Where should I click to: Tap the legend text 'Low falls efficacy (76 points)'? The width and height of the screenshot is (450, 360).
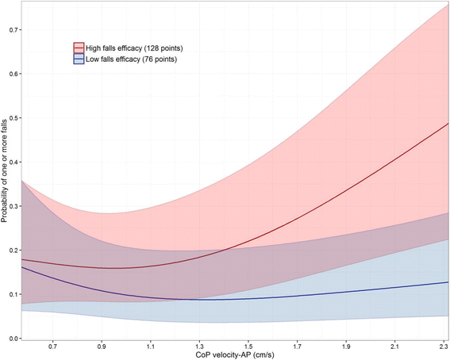point(132,59)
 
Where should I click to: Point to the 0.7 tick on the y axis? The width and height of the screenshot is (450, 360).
point(13,29)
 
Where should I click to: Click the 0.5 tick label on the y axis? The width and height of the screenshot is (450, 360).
point(13,118)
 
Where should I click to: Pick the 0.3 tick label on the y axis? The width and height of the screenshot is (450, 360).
point(13,206)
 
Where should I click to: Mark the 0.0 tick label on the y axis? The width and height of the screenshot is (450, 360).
point(13,339)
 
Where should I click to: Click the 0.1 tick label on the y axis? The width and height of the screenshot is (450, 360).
point(13,294)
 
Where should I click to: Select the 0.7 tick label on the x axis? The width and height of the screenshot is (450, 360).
point(53,347)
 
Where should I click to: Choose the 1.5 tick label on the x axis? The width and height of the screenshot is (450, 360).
point(250,347)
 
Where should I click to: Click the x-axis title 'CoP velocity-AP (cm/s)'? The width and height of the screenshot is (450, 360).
point(235,355)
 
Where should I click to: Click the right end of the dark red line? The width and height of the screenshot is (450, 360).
point(448,124)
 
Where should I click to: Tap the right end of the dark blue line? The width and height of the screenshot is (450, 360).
point(448,282)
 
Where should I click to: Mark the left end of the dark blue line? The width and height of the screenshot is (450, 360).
point(21,267)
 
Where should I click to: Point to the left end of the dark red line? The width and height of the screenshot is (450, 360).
point(21,259)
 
